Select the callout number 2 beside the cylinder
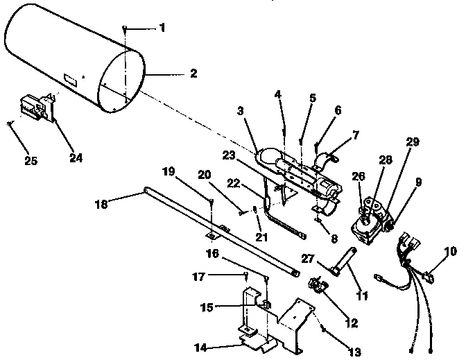pos(193,74)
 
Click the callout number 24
pos(76,157)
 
